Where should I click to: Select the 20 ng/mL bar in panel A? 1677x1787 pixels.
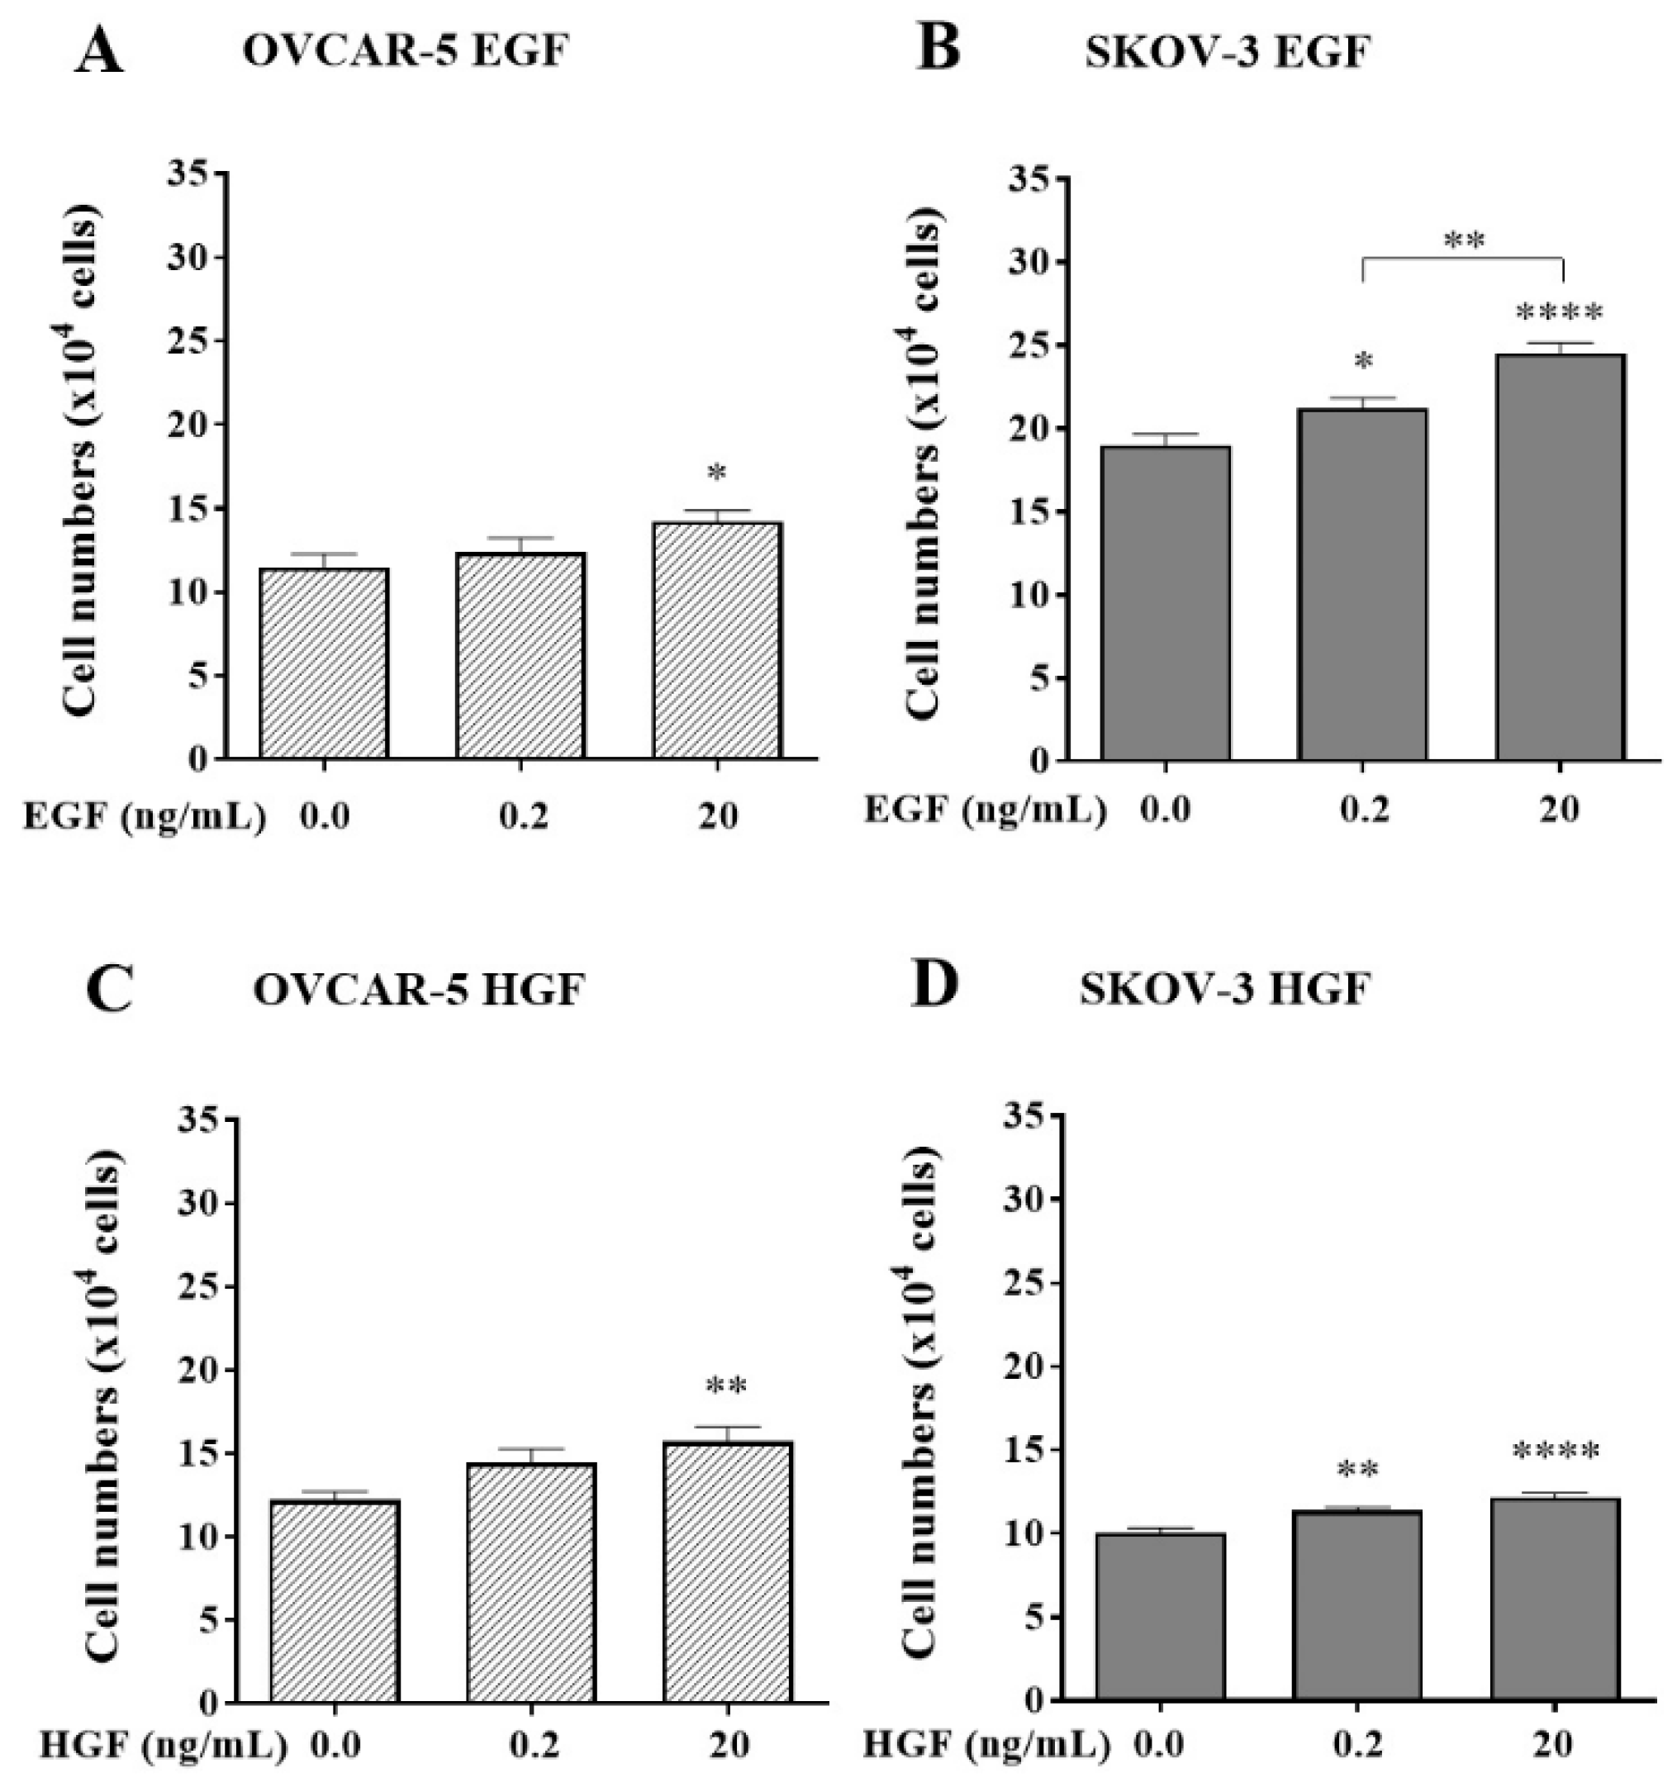click(x=717, y=640)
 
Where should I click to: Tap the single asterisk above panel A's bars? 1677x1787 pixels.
click(x=717, y=473)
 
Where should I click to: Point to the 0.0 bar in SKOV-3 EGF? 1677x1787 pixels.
click(x=1166, y=602)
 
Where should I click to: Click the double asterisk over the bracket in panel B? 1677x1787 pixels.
click(x=1464, y=241)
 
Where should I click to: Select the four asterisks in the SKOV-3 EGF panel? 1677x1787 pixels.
click(x=1558, y=314)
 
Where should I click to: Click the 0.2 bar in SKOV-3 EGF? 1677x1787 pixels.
click(x=1362, y=584)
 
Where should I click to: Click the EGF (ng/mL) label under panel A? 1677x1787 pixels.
click(x=145, y=817)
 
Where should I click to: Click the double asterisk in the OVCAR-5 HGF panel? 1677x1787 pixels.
click(x=726, y=1387)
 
